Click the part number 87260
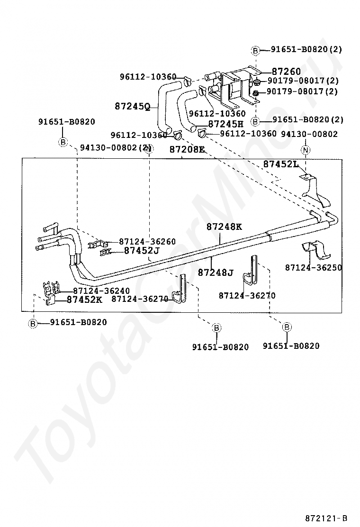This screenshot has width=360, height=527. [x=286, y=72]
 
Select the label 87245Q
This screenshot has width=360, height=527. [x=132, y=106]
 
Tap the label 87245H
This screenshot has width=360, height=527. [x=226, y=124]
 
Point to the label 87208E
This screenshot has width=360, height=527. [x=187, y=149]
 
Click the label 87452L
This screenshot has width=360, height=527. [x=281, y=164]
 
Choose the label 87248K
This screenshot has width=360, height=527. [x=224, y=227]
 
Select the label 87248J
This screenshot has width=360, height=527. [x=216, y=272]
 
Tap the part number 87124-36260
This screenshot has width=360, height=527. [x=147, y=241]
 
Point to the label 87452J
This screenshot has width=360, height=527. [x=142, y=251]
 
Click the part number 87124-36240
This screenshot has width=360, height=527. [x=101, y=291]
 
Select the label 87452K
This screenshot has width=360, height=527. [x=84, y=300]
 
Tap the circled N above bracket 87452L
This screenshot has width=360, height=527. [x=306, y=150]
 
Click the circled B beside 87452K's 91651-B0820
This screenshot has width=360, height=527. [x=33, y=323]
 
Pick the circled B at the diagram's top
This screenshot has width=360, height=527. [x=255, y=50]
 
